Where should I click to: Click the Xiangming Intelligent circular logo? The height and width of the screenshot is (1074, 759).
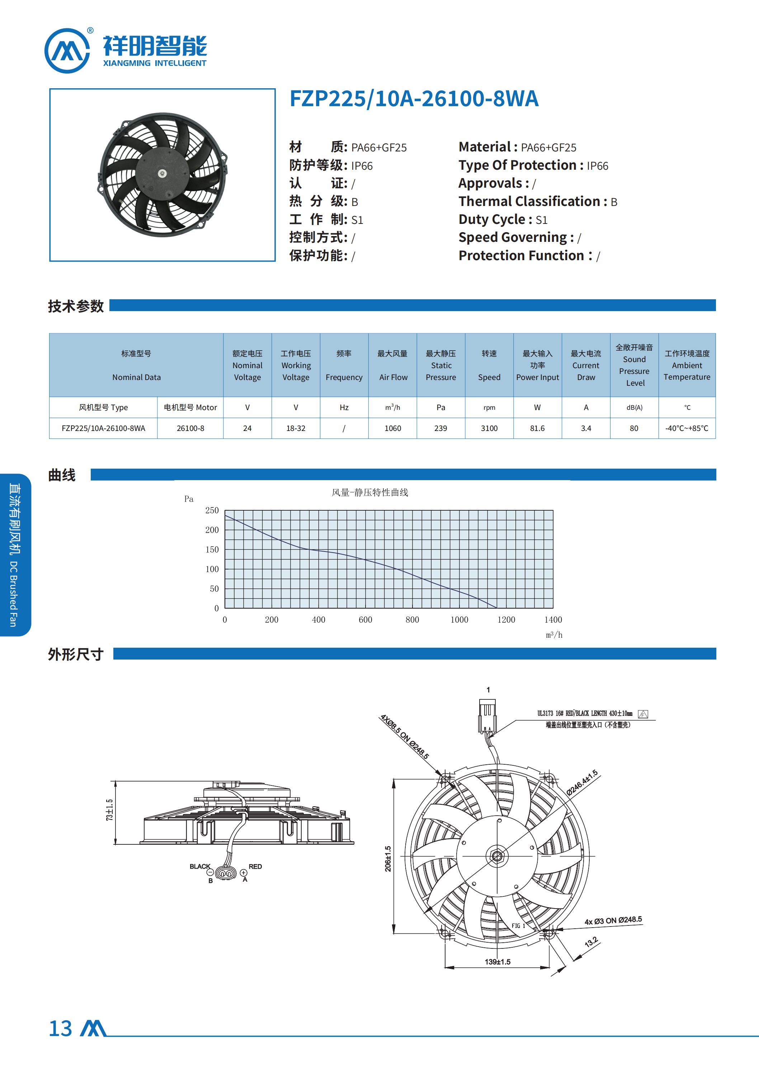coord(67,51)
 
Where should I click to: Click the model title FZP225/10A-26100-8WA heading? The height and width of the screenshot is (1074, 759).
coord(414,99)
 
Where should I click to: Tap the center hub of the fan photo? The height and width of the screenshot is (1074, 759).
coord(162,174)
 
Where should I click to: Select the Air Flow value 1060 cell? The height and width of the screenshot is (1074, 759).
coord(392,428)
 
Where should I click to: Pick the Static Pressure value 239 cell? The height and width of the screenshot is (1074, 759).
coord(440,428)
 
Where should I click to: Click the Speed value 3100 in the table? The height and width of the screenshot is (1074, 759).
coord(489,428)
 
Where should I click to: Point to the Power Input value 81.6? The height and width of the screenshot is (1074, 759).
coord(537,428)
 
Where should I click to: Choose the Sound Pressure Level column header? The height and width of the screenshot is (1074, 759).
coord(634,365)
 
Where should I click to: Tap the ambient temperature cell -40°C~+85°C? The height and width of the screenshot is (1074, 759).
coord(687,428)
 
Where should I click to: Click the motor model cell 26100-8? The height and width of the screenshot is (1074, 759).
coord(190,428)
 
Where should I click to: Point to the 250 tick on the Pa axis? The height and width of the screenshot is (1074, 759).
coord(212,510)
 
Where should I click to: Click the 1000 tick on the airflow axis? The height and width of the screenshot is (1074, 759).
coord(459,619)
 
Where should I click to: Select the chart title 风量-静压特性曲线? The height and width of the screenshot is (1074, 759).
coord(370,492)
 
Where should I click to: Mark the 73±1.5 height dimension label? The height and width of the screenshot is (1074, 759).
coord(109,810)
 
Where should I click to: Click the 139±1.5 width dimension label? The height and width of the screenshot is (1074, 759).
coord(498,962)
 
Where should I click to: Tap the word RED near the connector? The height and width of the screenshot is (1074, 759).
coord(255,866)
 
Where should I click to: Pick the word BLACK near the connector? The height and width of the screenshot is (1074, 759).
coord(200,866)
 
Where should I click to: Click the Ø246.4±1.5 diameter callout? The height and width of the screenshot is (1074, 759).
coord(582,783)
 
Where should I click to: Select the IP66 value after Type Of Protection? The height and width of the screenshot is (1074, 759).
coord(597,166)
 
